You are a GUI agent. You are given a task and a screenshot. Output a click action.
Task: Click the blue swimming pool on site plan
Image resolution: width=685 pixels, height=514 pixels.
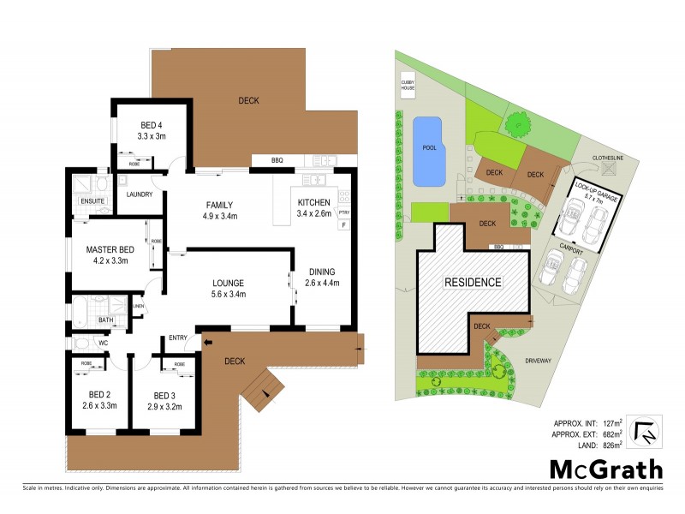click(428, 151)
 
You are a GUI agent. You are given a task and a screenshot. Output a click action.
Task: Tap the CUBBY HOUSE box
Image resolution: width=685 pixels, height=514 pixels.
click(408, 86)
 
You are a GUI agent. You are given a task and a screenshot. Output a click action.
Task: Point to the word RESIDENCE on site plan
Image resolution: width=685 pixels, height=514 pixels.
click(472, 281)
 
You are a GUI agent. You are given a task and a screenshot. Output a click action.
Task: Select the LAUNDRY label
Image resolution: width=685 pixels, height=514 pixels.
click(139, 194)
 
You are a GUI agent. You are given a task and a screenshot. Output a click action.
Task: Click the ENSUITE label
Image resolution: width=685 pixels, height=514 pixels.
click(92, 201)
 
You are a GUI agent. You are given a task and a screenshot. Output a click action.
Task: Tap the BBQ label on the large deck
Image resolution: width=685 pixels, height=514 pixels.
click(277, 160)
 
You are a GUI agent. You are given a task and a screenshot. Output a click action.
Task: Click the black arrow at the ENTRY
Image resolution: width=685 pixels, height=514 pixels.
click(207, 343)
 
